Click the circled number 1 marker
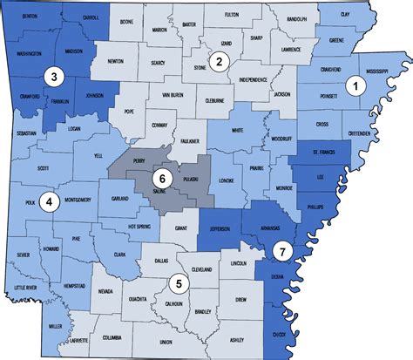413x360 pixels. click(x=355, y=85)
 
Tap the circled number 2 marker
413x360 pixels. click(x=220, y=60)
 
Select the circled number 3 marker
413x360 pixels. click(x=54, y=77)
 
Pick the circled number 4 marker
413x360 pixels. click(x=50, y=202)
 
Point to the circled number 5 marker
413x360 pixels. click(x=179, y=282)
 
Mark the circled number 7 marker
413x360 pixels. click(x=281, y=251)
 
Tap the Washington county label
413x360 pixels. click(x=29, y=54)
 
